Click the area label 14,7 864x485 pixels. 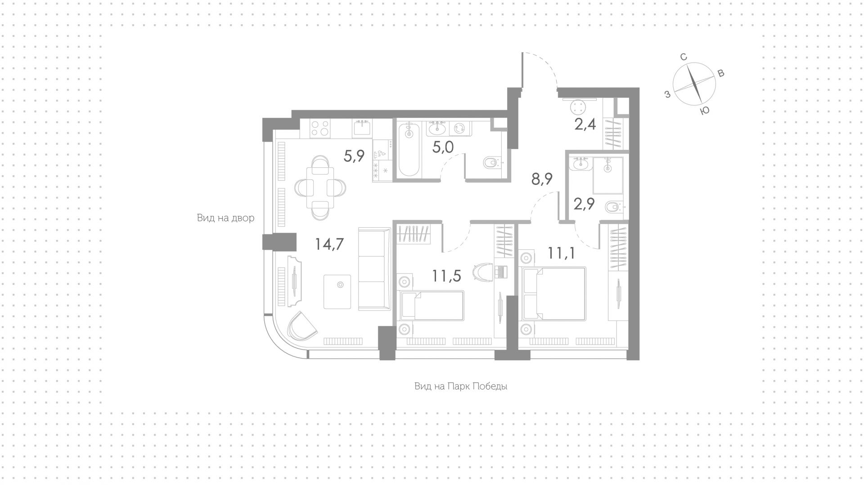click(x=329, y=244)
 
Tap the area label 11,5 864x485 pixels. click(x=446, y=276)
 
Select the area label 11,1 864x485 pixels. click(x=562, y=253)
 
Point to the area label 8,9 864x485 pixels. click(x=542, y=179)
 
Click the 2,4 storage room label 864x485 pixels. click(x=585, y=124)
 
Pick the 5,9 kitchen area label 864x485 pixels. click(x=354, y=156)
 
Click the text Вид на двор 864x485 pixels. click(x=225, y=218)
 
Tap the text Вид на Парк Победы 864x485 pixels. click(x=461, y=386)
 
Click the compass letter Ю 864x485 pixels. click(x=705, y=111)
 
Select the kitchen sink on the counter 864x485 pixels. click(x=362, y=127)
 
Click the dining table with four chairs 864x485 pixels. click(x=319, y=188)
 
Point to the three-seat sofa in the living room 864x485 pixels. click(x=374, y=269)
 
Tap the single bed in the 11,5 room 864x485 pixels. click(x=432, y=306)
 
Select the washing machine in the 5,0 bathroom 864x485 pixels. click(x=460, y=129)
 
